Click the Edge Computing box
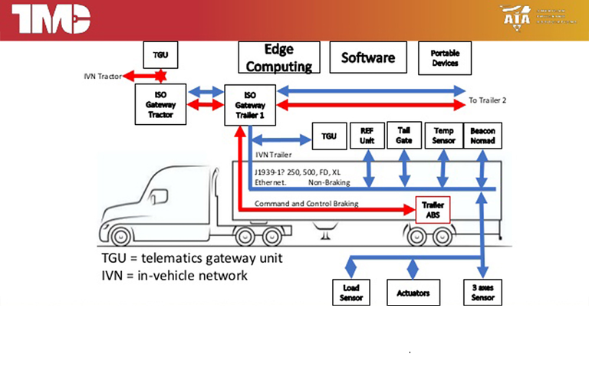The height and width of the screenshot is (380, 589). pos(279,57)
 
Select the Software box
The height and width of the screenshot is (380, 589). pos(368,57)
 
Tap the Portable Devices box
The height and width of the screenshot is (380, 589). pos(445,57)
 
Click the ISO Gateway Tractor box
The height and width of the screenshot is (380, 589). pos(160,104)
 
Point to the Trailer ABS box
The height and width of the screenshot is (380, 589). pos(429,208)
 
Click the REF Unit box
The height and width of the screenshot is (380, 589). pos(367,136)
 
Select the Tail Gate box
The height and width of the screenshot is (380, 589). pos(403,135)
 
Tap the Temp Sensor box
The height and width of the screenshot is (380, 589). pos(443,136)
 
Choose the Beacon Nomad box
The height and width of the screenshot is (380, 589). pos(483,136)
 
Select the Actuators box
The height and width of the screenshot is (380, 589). pos(413,293)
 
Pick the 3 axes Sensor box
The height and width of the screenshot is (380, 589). pos(483,293)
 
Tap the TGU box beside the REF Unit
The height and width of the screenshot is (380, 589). pos(329,136)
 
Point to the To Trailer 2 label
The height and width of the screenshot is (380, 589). pos(488,100)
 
